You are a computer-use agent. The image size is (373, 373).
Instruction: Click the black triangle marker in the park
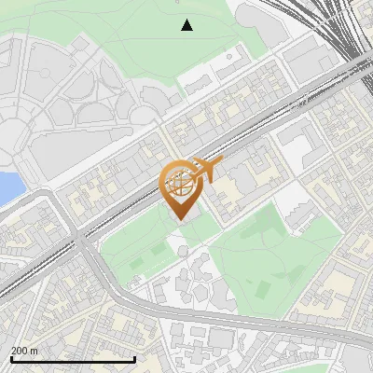(187, 25)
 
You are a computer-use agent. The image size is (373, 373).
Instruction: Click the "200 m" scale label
(24, 351)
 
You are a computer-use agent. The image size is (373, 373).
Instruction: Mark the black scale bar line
(73, 359)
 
